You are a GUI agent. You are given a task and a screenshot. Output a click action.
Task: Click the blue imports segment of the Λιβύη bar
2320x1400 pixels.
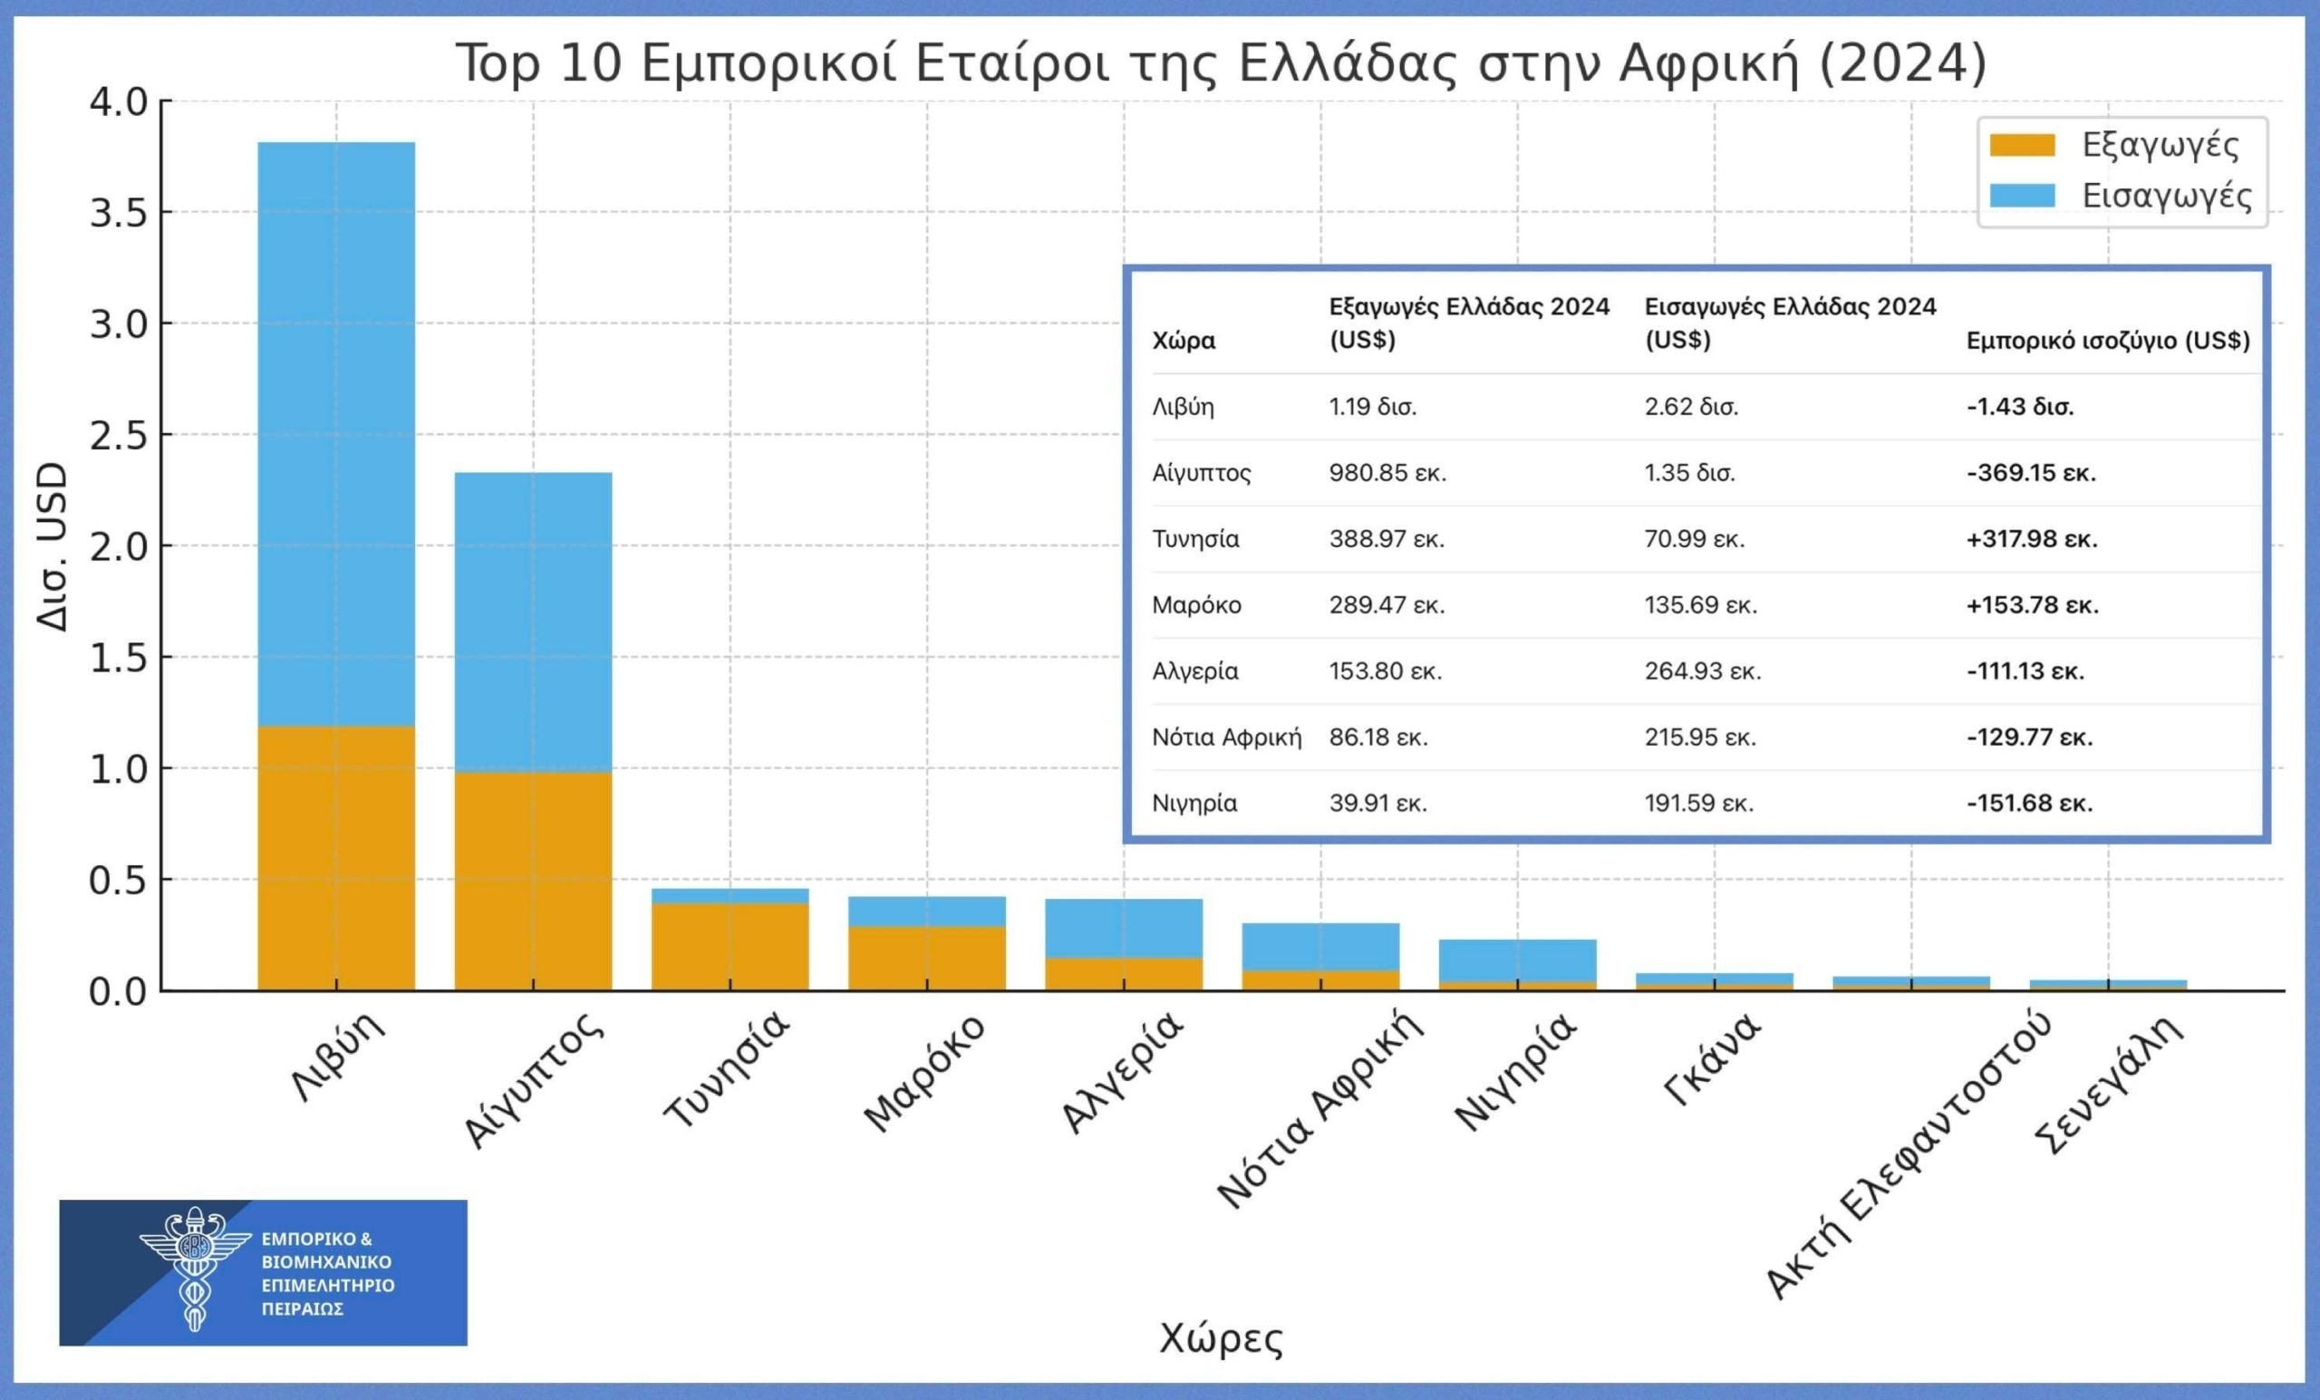point(336,433)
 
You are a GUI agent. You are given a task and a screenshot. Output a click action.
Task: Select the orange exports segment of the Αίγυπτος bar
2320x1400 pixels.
point(533,880)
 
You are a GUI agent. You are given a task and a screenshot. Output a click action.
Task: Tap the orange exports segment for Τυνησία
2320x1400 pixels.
point(730,946)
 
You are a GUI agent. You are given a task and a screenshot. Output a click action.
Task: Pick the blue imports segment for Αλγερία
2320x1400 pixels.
point(1123,927)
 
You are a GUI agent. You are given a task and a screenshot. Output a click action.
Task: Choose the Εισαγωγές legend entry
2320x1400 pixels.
point(2119,196)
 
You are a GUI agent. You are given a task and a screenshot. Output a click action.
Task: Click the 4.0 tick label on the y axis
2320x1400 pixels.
point(119,101)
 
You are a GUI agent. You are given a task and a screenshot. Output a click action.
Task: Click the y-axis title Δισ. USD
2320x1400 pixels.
point(51,546)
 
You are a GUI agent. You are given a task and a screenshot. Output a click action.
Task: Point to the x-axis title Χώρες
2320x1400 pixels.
point(1220,1337)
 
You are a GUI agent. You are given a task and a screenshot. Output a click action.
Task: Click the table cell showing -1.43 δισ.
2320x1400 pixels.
point(2020,407)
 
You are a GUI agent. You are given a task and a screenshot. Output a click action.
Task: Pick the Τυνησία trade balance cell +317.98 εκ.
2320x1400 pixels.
point(2031,539)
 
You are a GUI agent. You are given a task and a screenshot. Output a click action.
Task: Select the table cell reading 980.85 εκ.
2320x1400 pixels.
point(1387,473)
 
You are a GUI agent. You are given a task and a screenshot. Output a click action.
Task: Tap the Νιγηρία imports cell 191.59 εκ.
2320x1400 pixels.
point(1698,803)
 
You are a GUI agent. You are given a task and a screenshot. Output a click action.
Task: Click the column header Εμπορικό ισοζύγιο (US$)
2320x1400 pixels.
point(2107,341)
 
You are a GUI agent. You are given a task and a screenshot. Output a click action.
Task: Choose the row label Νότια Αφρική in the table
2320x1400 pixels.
point(1226,738)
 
